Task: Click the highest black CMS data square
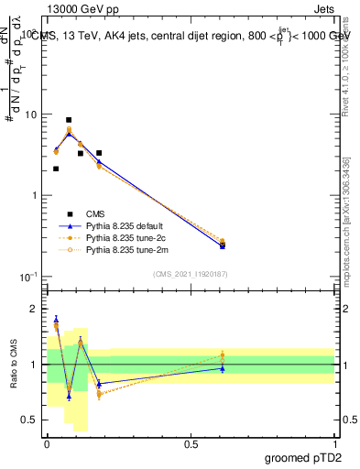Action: point(69,120)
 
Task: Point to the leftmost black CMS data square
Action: point(56,169)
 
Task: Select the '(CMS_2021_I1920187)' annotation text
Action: point(191,273)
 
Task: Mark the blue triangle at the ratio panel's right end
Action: point(223,368)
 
